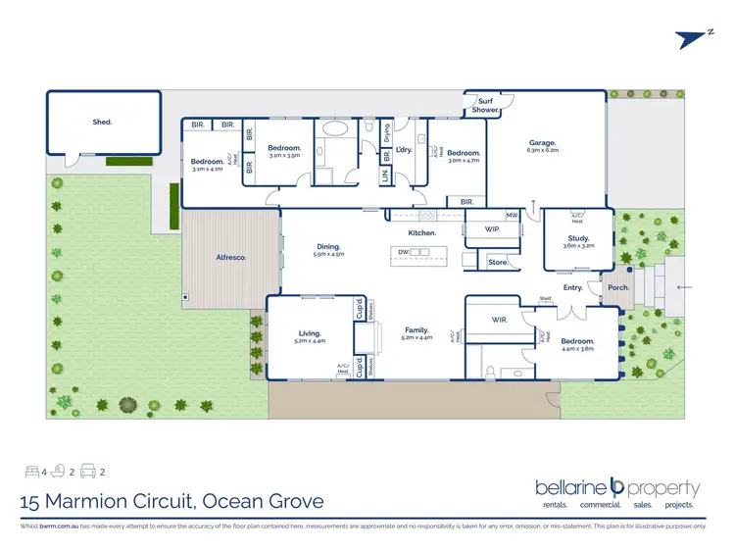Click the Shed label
coord(102,123)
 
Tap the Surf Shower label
coord(486,106)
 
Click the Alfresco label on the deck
coord(230,257)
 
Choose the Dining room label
coord(328,247)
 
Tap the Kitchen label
coord(422,232)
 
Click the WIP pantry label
coord(492,229)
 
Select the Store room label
coord(497,262)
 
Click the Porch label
coord(618,288)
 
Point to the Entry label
coord(573,288)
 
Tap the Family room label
coord(416,330)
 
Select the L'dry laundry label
coord(403,150)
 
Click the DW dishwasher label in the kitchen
coord(403,252)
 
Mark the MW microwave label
coord(512,215)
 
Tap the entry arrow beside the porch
coord(683,287)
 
